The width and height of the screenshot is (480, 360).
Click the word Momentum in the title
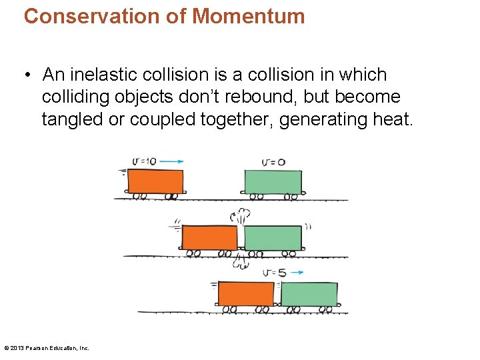pos(248,16)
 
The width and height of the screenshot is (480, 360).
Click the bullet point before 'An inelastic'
pos(27,75)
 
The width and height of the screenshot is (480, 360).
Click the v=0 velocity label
pos(273,161)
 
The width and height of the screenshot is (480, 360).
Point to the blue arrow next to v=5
pos(297,272)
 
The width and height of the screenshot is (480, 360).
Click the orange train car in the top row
pos(155,181)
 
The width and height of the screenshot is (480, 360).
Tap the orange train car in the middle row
pos(209,237)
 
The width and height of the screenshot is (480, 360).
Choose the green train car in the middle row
pos(273,237)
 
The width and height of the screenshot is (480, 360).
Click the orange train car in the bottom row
pos(246,293)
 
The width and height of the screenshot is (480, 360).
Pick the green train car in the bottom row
pos(309,294)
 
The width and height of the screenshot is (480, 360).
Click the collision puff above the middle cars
pos(241,216)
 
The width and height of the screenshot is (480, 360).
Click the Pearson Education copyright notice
pos(47,348)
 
